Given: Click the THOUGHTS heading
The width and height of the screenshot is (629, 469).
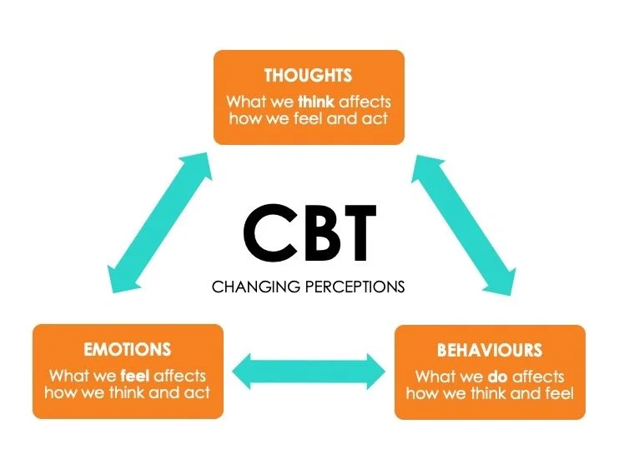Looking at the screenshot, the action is tap(308, 75).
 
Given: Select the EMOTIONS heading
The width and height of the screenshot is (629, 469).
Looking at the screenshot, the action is tap(127, 349).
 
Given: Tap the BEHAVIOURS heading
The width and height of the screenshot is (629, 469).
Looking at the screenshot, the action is tap(490, 350).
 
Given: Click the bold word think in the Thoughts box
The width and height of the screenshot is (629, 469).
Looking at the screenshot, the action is tap(316, 102).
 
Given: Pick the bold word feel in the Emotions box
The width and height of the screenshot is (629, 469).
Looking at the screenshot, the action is tap(135, 376).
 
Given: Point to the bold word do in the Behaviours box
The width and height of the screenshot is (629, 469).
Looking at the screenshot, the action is tap(497, 377).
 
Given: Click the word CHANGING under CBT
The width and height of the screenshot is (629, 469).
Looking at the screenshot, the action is tap(256, 287).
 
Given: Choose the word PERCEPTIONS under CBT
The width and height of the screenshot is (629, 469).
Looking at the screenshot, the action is tap(355, 287).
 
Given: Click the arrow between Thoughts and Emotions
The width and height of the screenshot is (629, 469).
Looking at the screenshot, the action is tap(159, 222).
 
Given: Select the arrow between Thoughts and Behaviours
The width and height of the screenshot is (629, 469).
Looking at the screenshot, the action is tap(463, 225).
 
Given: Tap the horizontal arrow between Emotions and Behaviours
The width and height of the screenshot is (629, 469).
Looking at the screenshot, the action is tap(309, 372).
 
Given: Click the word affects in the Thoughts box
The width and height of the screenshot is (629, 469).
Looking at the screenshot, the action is tap(365, 102).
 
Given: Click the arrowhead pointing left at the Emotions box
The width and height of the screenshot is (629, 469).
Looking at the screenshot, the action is tap(242, 372).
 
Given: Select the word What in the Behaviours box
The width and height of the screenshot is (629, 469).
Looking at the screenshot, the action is tap(435, 377).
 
